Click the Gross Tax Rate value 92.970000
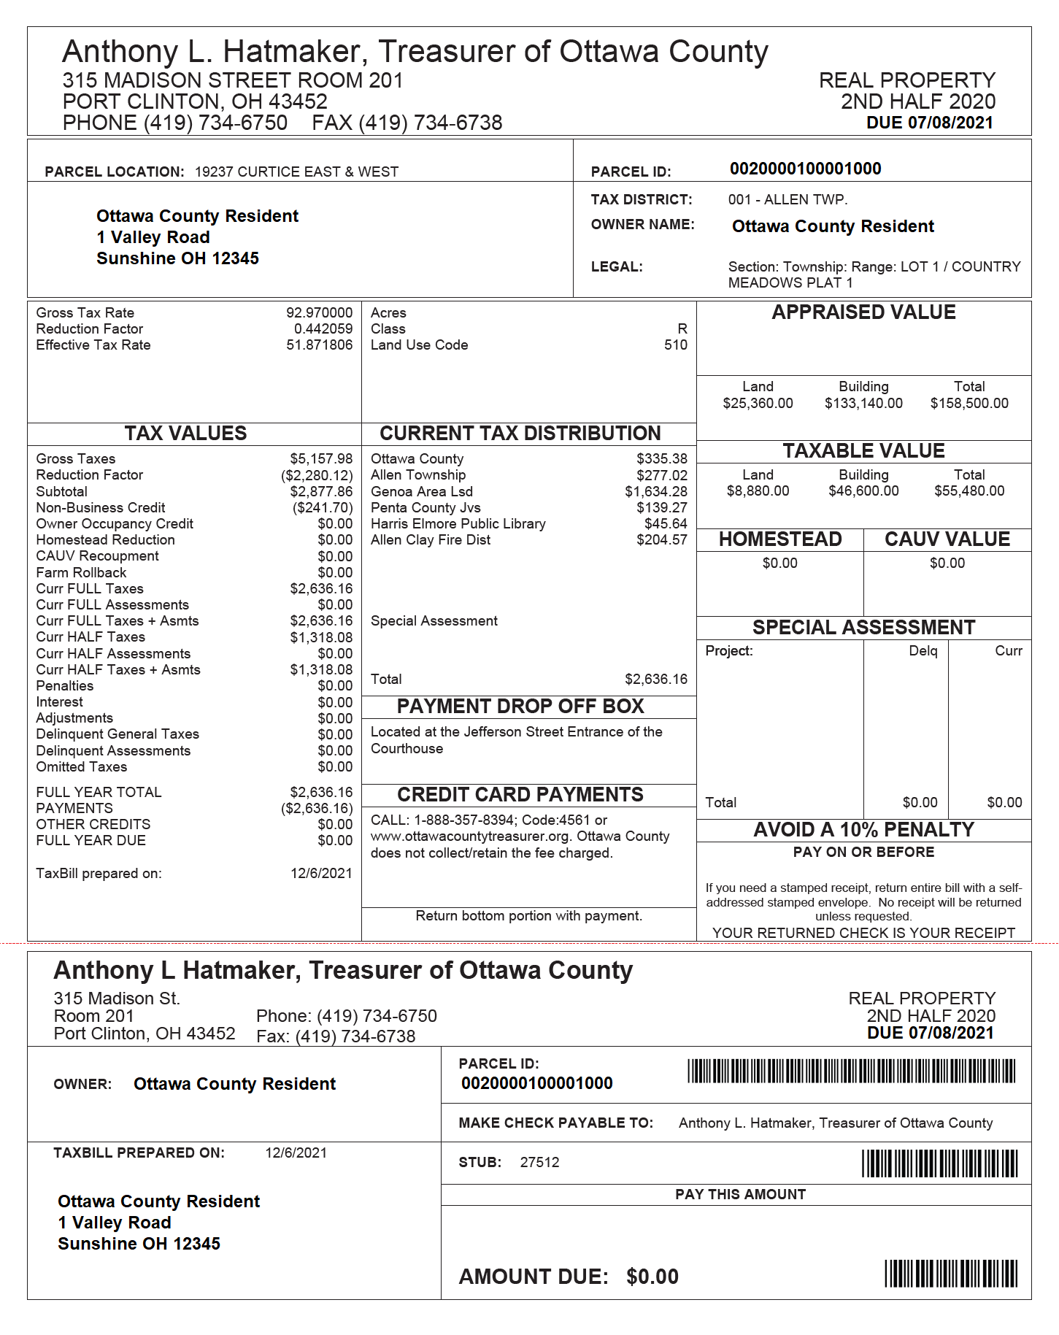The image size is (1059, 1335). click(319, 313)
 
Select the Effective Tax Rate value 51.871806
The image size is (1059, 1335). click(319, 345)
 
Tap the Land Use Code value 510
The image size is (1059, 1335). click(675, 345)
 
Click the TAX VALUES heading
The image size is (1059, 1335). click(185, 434)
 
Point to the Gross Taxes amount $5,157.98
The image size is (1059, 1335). click(321, 459)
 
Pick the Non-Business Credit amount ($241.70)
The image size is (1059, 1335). click(323, 508)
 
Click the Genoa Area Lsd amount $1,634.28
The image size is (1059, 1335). click(655, 492)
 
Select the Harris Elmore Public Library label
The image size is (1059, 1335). click(458, 524)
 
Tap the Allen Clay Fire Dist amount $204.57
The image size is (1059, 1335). click(661, 540)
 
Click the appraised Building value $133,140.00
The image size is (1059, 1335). click(863, 404)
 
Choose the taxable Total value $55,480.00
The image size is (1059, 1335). click(968, 491)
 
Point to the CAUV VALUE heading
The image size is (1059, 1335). click(947, 539)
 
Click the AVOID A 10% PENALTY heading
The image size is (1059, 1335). click(863, 830)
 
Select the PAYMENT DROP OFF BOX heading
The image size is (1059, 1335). click(520, 707)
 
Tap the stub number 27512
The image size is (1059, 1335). click(539, 1163)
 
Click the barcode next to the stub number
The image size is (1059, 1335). click(939, 1163)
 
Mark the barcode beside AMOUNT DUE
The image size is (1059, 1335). click(950, 1274)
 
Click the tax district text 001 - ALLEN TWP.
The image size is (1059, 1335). click(787, 200)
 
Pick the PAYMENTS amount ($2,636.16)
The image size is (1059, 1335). click(317, 809)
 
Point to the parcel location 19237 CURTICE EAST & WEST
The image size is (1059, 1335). click(296, 172)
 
